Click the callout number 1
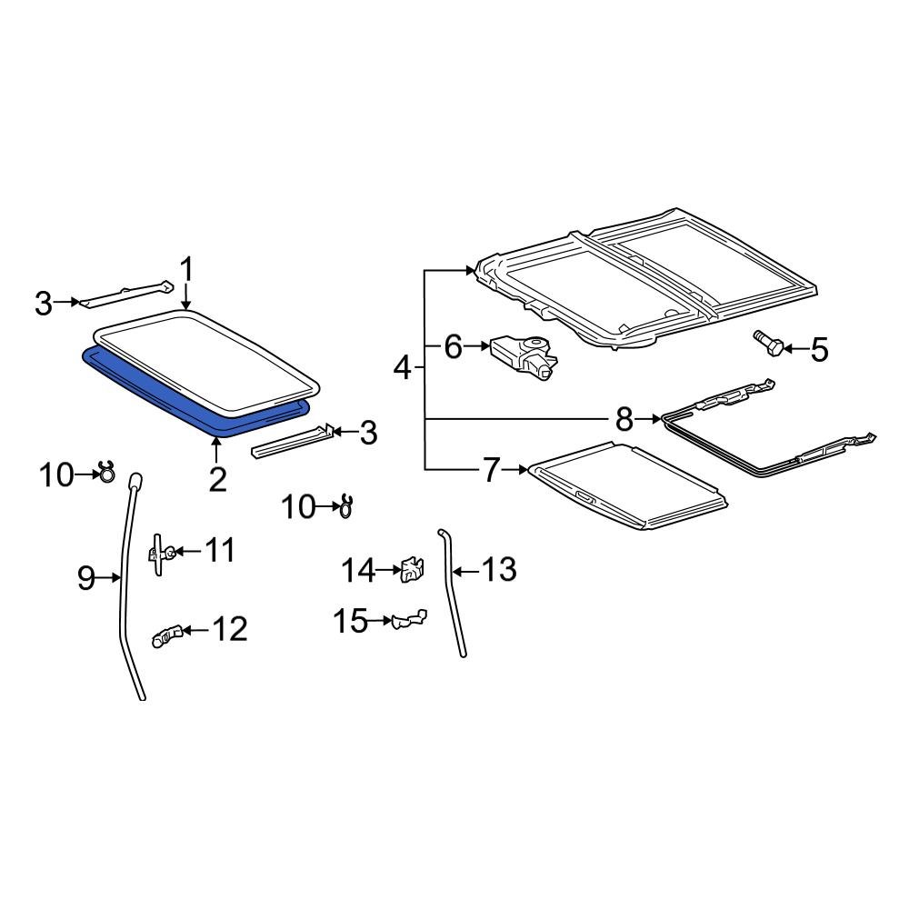click(186, 270)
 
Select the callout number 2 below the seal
click(217, 478)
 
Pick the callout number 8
click(624, 419)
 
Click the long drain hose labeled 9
click(125, 591)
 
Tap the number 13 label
click(499, 570)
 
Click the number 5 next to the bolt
click(819, 349)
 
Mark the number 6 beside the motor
click(454, 346)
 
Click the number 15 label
click(350, 622)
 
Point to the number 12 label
click(229, 629)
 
